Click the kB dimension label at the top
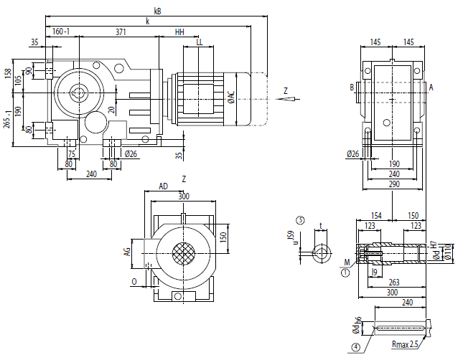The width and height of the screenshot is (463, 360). [x=158, y=11]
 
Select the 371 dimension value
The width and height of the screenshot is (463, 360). [x=121, y=32]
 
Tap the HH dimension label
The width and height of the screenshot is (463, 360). [x=179, y=32]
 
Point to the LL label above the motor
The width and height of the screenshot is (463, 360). [x=198, y=42]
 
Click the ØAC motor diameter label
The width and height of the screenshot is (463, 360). [x=231, y=97]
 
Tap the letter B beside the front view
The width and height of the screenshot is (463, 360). [x=352, y=87]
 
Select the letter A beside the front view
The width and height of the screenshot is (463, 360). [x=431, y=87]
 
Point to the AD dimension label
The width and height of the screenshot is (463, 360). [x=163, y=186]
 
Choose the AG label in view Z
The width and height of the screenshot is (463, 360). [x=127, y=251]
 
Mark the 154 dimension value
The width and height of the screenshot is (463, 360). [x=374, y=214]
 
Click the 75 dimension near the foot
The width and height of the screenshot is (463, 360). [x=71, y=153]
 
